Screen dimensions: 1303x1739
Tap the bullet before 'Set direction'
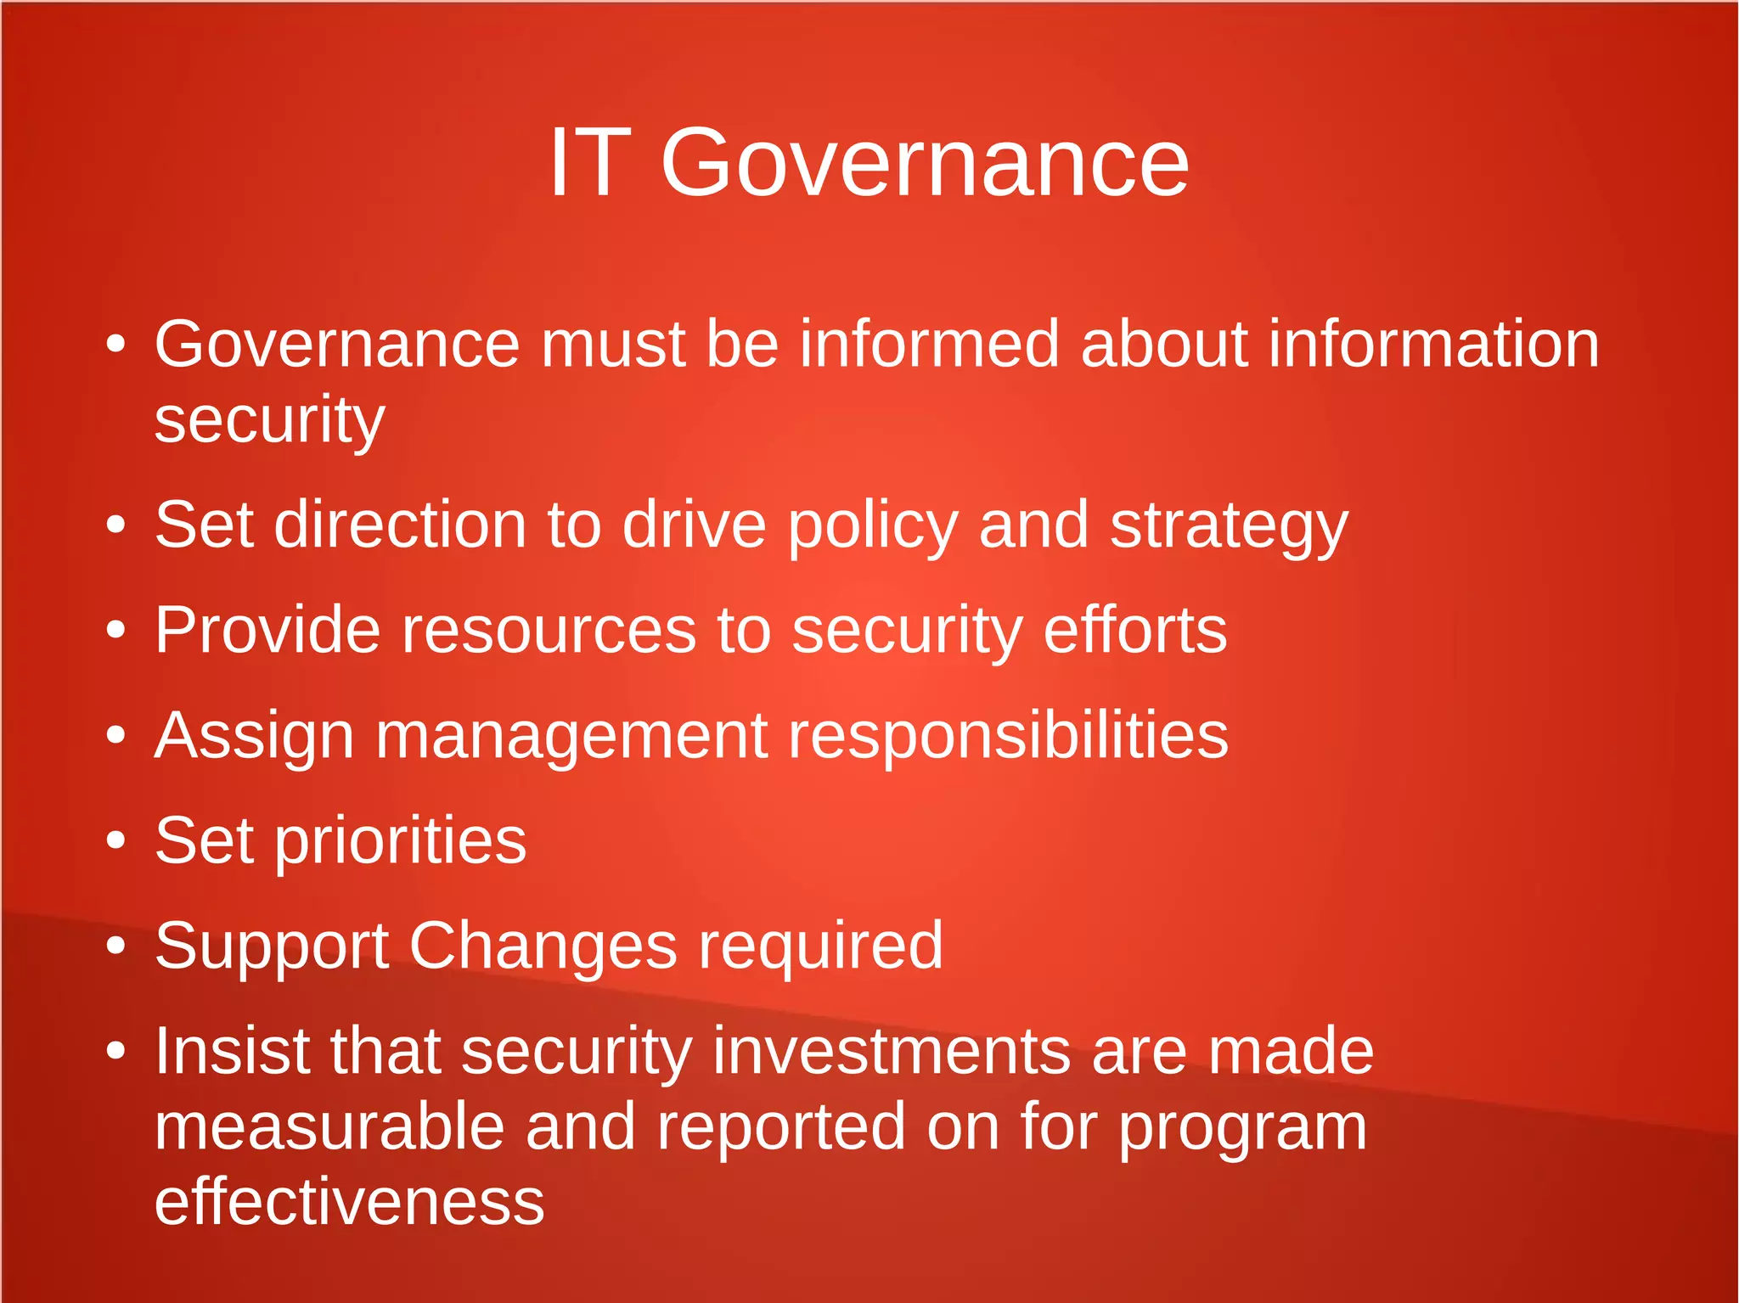[116, 525]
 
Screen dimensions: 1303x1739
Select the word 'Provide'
[267, 630]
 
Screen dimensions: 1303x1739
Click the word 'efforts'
[1134, 630]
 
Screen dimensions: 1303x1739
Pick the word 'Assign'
[254, 737]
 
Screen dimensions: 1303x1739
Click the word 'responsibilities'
[1008, 737]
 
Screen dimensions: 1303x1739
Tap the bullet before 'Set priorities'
[116, 840]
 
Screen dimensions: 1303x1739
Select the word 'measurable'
[329, 1127]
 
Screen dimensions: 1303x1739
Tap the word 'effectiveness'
[349, 1202]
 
